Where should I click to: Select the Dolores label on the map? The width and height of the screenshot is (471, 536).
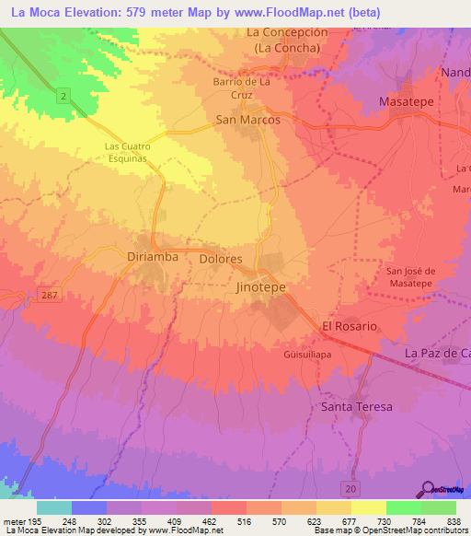(x=221, y=260)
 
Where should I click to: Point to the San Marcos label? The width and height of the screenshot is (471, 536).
(x=247, y=120)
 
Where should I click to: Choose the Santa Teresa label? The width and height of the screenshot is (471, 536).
(x=356, y=406)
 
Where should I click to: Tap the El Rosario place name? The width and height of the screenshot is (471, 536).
(x=349, y=327)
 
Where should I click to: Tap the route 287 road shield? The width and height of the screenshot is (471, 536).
(x=51, y=293)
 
